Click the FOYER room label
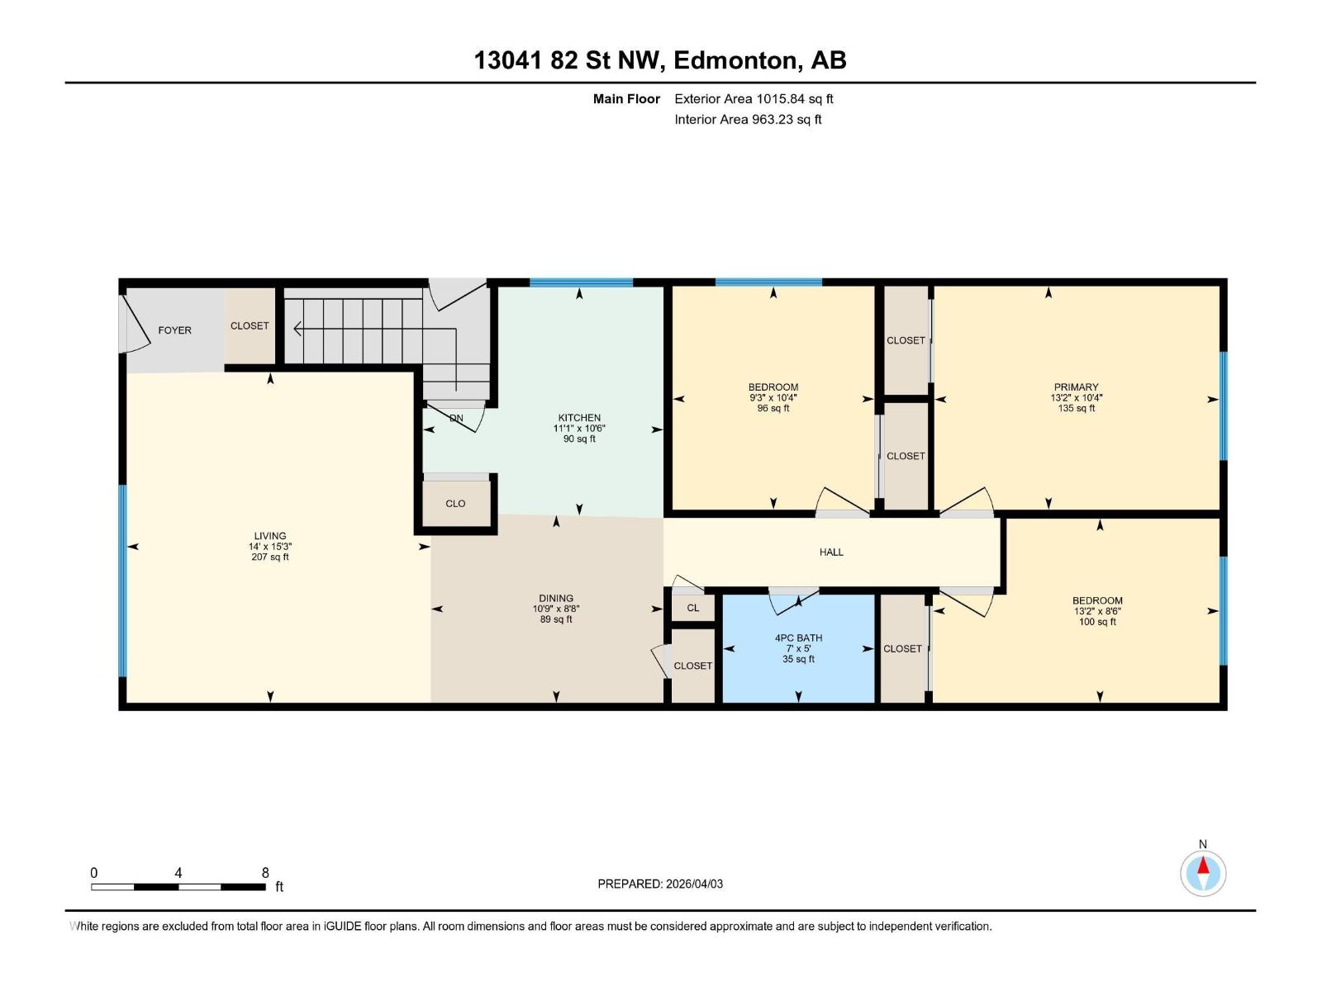click(x=174, y=330)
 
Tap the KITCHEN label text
click(x=579, y=418)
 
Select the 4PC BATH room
click(x=798, y=648)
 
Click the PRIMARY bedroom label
click(x=1076, y=387)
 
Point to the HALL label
click(x=831, y=552)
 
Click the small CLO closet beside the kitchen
click(x=455, y=504)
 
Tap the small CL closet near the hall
click(x=692, y=609)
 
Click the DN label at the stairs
click(x=456, y=419)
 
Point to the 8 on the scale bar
click(x=265, y=873)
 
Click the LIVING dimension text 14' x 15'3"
click(x=270, y=547)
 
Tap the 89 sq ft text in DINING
click(x=556, y=619)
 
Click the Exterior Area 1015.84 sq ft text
click(x=754, y=99)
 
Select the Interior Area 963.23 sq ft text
click(x=748, y=120)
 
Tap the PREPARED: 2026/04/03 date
click(x=660, y=884)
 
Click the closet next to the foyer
click(x=250, y=326)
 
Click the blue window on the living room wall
click(x=123, y=581)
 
